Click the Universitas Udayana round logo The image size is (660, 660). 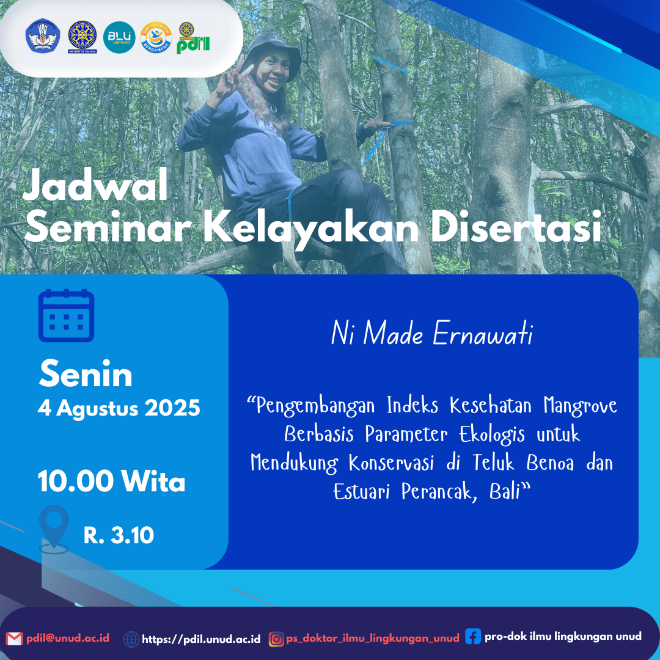point(82,37)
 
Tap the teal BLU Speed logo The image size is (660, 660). point(119,37)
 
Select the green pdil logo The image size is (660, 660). point(193,38)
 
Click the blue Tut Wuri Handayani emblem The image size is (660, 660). point(43,36)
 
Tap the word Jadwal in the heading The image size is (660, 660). point(95,185)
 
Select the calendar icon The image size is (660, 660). point(66,315)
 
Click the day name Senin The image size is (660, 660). point(86,374)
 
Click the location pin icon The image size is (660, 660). point(54,529)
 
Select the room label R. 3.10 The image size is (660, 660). point(119,535)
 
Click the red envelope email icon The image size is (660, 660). point(14,639)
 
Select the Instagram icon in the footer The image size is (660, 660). point(277,639)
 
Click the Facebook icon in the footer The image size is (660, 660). point(473,636)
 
